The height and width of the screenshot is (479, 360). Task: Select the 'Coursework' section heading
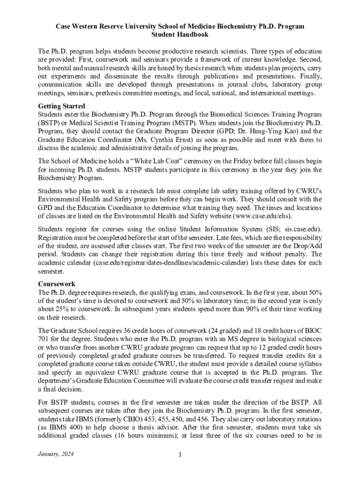coord(57,284)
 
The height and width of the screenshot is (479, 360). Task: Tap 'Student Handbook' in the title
coord(180,35)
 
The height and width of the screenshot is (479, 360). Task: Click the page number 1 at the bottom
coord(180,455)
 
